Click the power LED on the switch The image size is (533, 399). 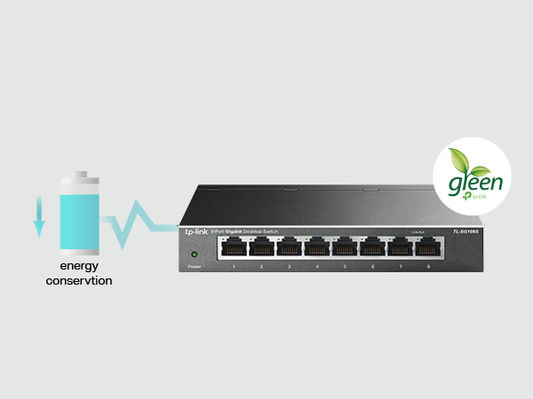coord(194,254)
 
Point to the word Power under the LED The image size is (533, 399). coord(194,266)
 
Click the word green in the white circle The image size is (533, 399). coord(475,184)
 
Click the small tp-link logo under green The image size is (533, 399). coord(478,199)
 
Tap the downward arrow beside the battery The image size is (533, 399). coord(38,216)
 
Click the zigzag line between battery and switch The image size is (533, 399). coord(138,224)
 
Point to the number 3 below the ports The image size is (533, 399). coord(290,266)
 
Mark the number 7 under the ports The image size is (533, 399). coord(401,266)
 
